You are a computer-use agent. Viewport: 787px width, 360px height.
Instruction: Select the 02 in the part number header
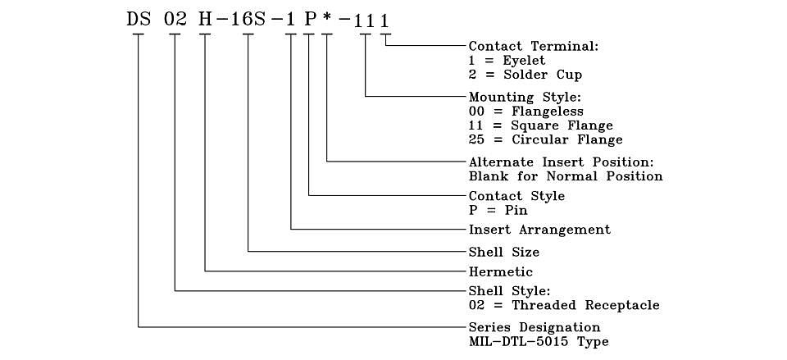click(x=175, y=20)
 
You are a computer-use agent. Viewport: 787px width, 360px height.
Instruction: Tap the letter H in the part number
click(x=205, y=20)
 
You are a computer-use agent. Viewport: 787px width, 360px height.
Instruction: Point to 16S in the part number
click(x=249, y=20)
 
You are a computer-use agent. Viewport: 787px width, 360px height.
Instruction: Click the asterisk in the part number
click(x=327, y=21)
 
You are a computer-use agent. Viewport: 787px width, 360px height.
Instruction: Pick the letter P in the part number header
click(x=309, y=20)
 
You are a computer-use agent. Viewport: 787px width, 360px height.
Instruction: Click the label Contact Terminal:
click(x=534, y=46)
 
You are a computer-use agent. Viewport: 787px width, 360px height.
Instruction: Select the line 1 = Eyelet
click(x=507, y=61)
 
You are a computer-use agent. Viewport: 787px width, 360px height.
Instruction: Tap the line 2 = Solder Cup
click(x=525, y=75)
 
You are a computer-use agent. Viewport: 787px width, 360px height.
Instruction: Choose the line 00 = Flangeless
click(x=526, y=111)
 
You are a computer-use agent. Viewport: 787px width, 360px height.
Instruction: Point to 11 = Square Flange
click(x=540, y=125)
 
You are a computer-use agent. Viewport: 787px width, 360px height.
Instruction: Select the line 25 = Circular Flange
click(x=546, y=139)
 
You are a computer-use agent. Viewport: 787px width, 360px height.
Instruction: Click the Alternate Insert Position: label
click(x=562, y=162)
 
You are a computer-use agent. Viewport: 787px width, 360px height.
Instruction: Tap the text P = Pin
click(x=498, y=210)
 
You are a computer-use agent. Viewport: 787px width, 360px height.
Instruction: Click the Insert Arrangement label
click(x=539, y=230)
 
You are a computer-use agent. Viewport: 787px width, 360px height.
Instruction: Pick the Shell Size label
click(x=504, y=251)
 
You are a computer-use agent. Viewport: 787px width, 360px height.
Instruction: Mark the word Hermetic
click(x=500, y=271)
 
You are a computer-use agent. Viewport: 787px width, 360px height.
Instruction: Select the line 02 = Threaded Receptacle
click(x=564, y=305)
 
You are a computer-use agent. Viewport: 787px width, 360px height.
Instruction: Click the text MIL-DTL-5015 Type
click(x=539, y=342)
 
